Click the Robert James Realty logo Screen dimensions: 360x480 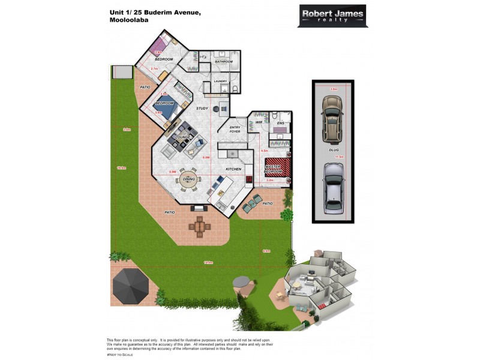(332, 15)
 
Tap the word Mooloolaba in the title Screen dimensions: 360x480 (129, 20)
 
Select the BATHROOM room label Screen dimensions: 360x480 (224, 62)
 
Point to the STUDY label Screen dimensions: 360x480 (202, 109)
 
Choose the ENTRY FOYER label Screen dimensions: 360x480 (235, 130)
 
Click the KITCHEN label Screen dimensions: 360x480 (233, 169)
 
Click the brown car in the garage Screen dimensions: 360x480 (331, 116)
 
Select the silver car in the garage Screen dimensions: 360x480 (332, 188)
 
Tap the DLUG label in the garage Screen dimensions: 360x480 (334, 150)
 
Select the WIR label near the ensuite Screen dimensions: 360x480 (259, 122)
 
